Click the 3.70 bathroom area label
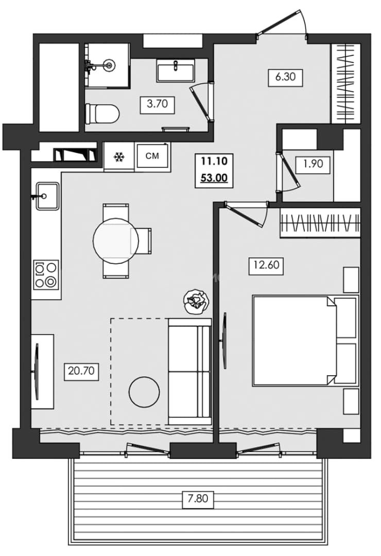(157, 105)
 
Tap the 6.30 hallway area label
(285, 76)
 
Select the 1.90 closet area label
(313, 164)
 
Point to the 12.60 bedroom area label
(266, 265)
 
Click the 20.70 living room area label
(81, 371)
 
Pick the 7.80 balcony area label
(198, 498)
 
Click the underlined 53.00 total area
(214, 178)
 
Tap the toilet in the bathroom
(102, 113)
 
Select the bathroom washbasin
(175, 70)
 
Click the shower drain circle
(109, 65)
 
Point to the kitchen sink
(47, 196)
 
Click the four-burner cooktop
(46, 274)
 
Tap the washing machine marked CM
(152, 155)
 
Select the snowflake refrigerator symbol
(118, 157)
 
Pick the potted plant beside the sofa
(196, 302)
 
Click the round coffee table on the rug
(144, 391)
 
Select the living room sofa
(189, 371)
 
